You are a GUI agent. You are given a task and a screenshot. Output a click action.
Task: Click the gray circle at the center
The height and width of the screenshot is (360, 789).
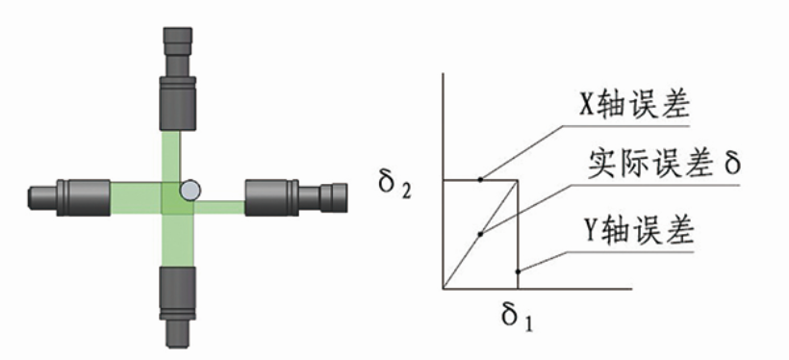tap(191, 191)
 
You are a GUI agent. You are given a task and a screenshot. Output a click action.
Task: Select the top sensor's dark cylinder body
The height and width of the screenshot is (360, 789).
tap(178, 103)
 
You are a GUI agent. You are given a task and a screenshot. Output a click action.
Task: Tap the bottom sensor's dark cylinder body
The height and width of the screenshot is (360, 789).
tap(178, 293)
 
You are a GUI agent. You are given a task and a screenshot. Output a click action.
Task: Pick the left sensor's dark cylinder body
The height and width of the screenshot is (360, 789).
tap(84, 198)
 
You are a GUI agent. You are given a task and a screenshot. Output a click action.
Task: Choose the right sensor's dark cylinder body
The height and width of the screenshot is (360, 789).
tap(271, 198)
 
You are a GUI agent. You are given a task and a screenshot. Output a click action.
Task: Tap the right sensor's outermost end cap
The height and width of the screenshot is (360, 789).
tap(334, 198)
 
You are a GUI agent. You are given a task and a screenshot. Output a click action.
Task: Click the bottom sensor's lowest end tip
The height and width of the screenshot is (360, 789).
tap(178, 336)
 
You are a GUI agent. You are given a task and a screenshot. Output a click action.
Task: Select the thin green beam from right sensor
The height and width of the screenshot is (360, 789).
tap(219, 207)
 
